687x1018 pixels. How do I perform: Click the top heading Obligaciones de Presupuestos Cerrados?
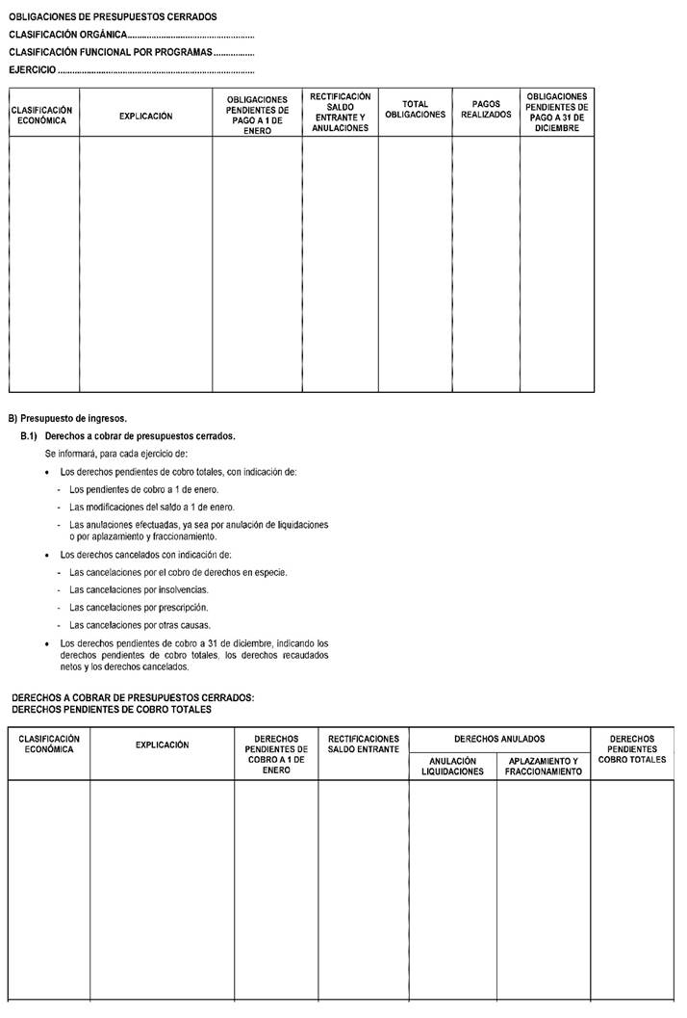click(113, 16)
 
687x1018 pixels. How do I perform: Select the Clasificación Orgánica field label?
click(67, 35)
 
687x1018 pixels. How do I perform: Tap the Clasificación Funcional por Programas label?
click(110, 52)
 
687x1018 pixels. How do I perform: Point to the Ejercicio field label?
click(32, 70)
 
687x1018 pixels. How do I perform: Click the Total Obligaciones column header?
click(415, 109)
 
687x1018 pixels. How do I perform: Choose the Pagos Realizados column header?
click(486, 109)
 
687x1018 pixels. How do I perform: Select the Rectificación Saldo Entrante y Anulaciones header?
click(341, 112)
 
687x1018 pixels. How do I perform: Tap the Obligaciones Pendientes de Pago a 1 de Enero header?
click(257, 115)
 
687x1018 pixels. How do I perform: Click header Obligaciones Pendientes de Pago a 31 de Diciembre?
click(557, 112)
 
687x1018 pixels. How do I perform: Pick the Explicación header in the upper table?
click(145, 116)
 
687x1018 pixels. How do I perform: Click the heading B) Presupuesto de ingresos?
click(67, 418)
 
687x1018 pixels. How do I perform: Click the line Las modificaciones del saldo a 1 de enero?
click(152, 507)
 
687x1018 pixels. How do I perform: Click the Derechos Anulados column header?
click(499, 739)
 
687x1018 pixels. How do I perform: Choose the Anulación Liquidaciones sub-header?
click(452, 766)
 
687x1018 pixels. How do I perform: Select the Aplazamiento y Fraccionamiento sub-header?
click(543, 766)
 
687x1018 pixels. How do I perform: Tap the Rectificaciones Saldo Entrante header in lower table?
click(364, 744)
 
